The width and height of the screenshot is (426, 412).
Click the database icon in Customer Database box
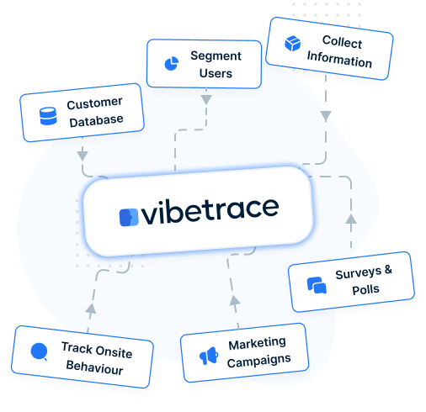tap(48, 116)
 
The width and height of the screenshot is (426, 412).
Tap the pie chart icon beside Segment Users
tap(172, 63)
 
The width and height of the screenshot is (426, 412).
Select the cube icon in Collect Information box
tap(293, 44)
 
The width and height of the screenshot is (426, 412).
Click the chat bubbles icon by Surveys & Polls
tap(317, 285)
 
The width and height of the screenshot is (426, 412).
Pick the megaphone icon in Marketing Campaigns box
tap(209, 356)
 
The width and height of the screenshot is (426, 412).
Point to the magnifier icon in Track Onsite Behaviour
tap(40, 351)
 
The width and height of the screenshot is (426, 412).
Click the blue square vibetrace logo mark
tap(129, 217)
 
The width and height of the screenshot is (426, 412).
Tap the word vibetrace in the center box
tap(210, 211)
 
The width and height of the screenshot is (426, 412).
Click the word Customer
tap(94, 103)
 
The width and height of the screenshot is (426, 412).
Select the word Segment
tap(216, 56)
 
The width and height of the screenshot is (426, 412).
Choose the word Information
tap(339, 60)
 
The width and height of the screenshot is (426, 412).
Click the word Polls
tap(365, 289)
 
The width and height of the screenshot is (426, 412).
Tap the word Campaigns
tap(258, 361)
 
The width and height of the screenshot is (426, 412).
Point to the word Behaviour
tap(94, 367)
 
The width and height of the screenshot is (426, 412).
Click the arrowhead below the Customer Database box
tap(83, 156)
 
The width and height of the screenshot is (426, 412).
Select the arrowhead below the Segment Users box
tap(206, 100)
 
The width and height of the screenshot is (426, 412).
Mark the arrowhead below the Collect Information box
tap(326, 116)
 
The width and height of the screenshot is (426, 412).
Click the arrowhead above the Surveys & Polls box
tap(351, 219)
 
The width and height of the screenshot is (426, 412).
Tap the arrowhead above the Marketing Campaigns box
tap(235, 300)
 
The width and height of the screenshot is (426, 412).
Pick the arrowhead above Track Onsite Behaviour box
tap(91, 309)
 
